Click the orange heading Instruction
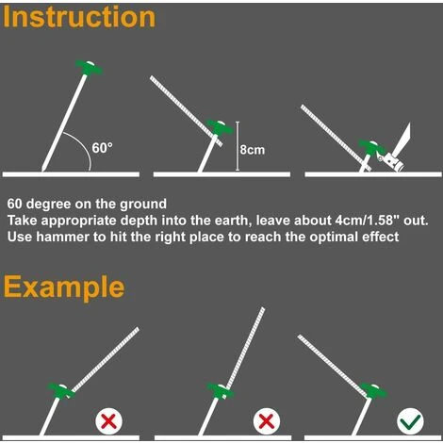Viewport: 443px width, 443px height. [79, 17]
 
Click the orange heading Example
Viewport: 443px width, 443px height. [64, 287]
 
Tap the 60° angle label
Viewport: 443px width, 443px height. [102, 148]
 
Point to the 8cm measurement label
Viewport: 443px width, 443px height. [253, 150]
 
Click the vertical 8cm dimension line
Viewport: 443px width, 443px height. [238, 146]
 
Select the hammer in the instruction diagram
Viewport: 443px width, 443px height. [397, 152]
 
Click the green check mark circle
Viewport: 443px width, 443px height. [410, 421]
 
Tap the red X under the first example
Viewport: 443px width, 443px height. [108, 421]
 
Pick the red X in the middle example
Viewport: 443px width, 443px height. [267, 421]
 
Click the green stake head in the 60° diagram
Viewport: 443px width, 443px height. [89, 67]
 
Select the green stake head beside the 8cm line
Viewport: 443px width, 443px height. [221, 127]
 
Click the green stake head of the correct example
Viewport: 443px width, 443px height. [373, 391]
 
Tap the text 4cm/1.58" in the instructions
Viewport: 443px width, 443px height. [365, 221]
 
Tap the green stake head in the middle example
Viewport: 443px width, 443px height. [221, 391]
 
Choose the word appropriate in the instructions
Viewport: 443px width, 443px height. [79, 221]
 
